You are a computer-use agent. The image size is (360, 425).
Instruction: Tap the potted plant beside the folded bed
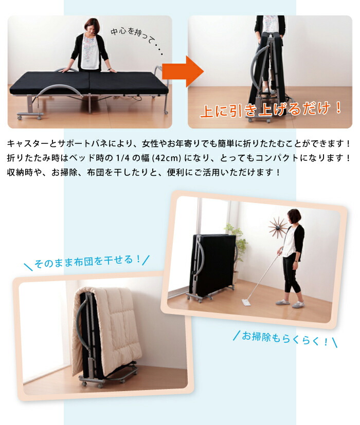click(x=237, y=242)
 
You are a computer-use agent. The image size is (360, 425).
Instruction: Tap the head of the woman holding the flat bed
click(x=92, y=25)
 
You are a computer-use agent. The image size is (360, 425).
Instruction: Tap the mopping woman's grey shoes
click(x=291, y=304)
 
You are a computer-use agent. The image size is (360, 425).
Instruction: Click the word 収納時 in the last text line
click(x=21, y=172)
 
